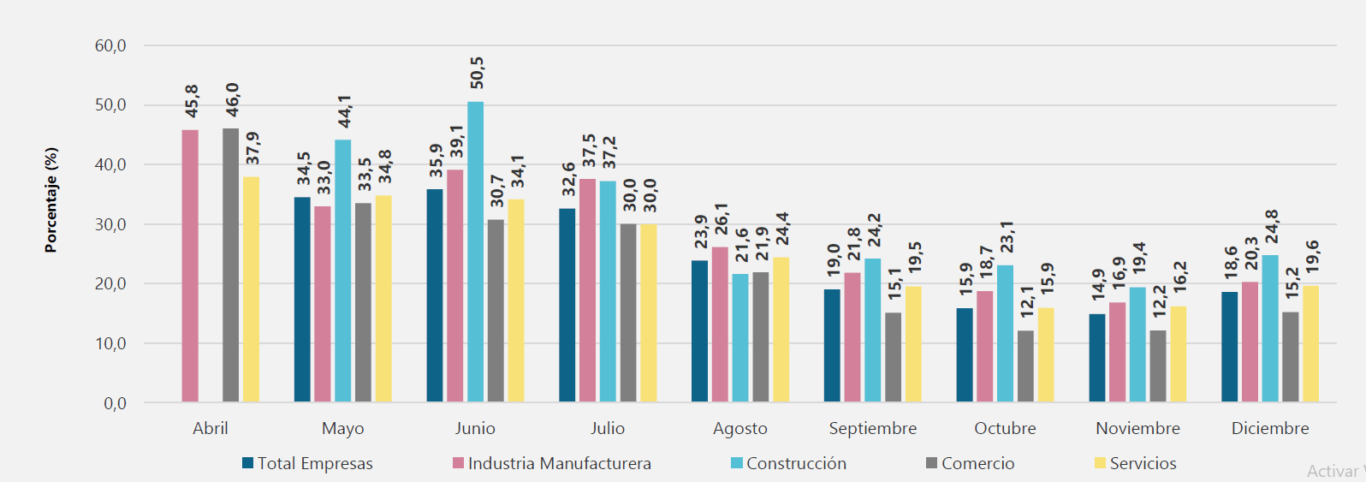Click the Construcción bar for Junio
475,253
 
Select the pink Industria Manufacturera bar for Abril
190,266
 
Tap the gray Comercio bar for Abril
230,265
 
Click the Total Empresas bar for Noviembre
1096,358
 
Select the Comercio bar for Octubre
1024,366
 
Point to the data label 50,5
477,73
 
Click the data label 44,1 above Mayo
344,111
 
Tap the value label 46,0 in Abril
232,100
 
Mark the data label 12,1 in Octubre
1026,301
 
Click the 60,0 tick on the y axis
110,45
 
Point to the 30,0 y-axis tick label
110,224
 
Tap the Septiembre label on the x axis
872,428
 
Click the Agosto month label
739,428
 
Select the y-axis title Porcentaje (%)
50,200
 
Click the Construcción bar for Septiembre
872,330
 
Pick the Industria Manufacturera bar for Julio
587,290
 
